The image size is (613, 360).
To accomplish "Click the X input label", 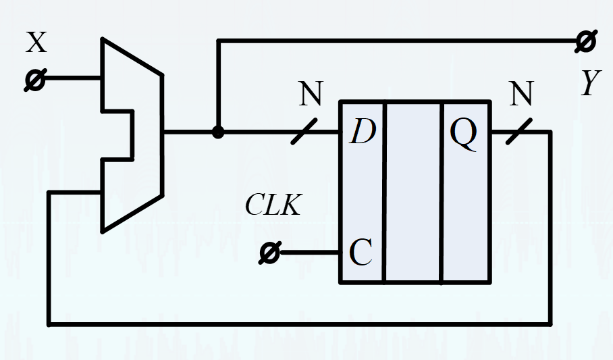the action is point(36,43).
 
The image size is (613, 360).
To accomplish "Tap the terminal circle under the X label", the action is point(35,80).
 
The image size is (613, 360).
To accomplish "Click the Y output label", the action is point(590,82).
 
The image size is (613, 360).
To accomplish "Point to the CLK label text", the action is point(273,205).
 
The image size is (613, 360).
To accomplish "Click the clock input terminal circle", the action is point(270,253).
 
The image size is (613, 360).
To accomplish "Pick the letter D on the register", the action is point(363,132).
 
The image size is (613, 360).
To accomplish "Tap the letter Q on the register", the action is point(464,133).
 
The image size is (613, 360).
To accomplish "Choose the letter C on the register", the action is point(360,253).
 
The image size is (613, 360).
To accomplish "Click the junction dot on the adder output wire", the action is point(218,132).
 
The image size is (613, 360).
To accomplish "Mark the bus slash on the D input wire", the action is point(304,132).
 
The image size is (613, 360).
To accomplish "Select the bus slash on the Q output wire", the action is point(519,132).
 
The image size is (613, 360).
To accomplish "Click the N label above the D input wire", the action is point(311,93).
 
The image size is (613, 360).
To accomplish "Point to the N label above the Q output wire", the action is point(522,93).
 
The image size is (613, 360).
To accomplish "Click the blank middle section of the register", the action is point(413,192).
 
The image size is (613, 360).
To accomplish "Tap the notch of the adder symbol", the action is point(132,135).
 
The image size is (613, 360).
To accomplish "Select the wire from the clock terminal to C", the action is point(310,253).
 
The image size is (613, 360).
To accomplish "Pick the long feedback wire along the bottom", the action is point(300,324).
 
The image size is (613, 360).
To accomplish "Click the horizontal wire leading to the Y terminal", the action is point(397,41).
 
